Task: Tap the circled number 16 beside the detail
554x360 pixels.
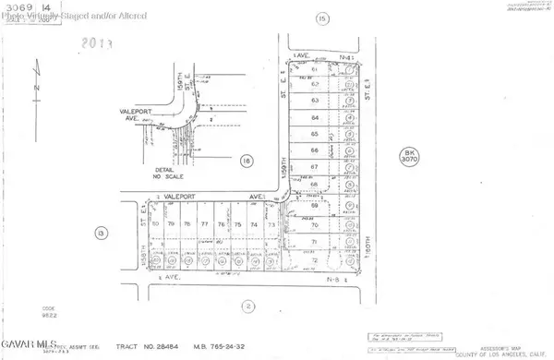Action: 247,161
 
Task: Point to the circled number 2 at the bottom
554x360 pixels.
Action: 247,306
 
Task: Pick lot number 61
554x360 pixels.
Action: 315,70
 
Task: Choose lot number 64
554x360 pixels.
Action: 315,118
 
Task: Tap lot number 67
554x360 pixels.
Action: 315,166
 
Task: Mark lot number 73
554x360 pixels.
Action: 271,224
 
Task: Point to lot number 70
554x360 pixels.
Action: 315,225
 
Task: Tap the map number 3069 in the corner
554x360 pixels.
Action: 17,6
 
